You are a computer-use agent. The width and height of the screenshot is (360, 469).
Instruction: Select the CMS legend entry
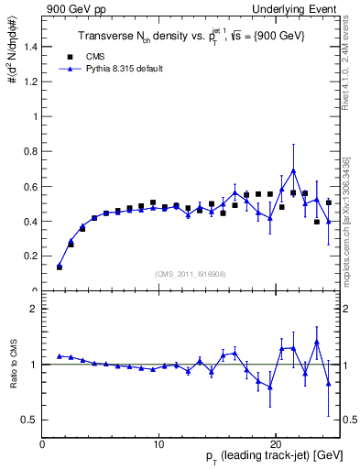(83, 56)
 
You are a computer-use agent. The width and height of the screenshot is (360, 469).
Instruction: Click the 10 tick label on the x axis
(158, 445)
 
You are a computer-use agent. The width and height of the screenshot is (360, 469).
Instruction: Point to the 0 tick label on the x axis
(42, 445)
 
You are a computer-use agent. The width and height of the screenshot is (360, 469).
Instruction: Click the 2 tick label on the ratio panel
(36, 309)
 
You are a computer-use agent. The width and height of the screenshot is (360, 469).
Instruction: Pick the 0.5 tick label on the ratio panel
(32, 420)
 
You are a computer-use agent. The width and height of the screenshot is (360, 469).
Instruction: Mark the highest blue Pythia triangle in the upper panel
(293, 171)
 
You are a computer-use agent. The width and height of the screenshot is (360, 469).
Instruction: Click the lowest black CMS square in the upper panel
(60, 267)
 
